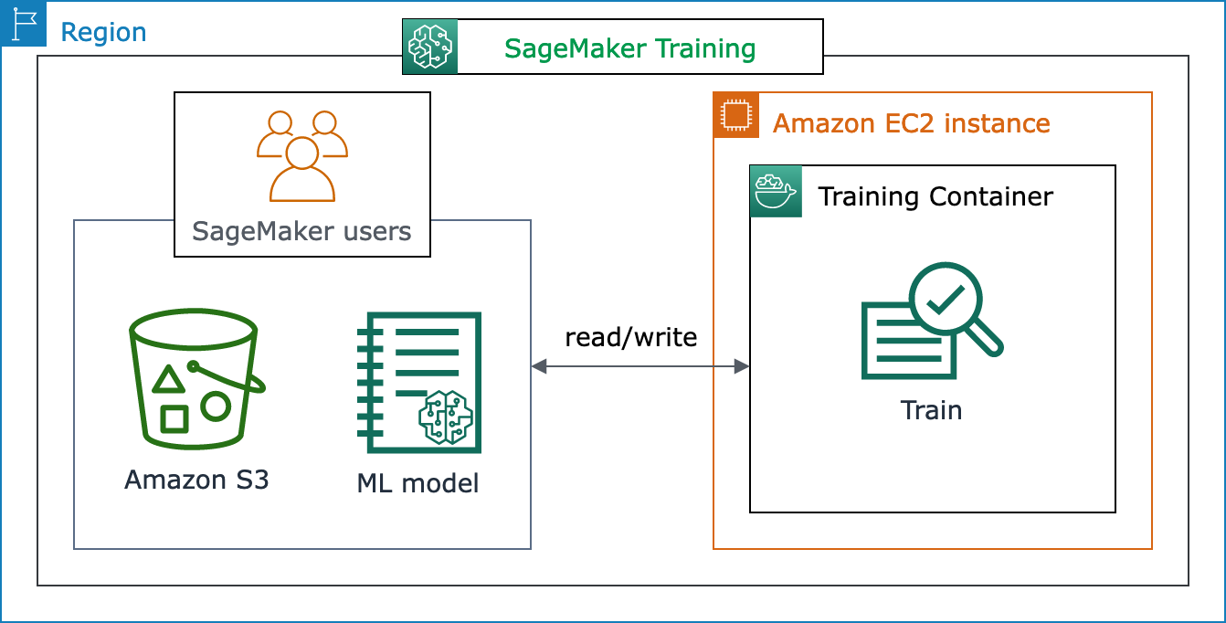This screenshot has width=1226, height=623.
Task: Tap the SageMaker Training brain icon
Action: [430, 47]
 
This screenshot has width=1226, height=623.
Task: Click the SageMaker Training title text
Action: [629, 48]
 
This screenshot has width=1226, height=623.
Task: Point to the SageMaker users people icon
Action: [302, 155]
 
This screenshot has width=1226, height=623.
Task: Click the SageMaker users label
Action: [301, 231]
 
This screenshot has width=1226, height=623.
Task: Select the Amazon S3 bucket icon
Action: [196, 378]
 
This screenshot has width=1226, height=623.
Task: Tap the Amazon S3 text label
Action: [196, 480]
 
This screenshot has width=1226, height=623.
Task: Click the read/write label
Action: [631, 337]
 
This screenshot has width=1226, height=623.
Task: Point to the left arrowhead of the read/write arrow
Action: [539, 366]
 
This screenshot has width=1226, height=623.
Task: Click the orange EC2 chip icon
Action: [736, 115]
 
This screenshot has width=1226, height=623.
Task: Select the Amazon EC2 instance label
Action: [911, 123]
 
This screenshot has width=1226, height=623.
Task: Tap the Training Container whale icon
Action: [776, 191]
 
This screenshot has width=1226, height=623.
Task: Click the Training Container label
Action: [935, 196]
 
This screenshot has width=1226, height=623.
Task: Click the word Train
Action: [931, 409]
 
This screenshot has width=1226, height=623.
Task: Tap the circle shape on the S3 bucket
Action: [216, 406]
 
